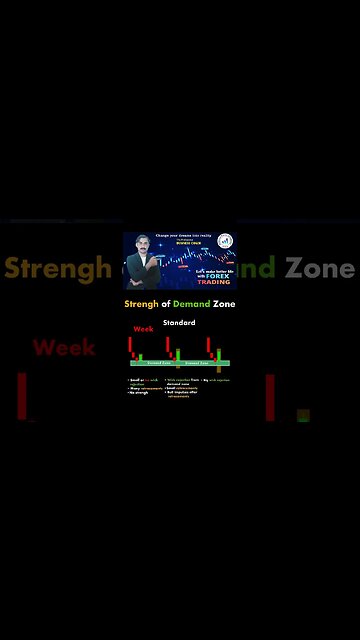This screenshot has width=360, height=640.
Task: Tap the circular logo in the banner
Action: (225, 241)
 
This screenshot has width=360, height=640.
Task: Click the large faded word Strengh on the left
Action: (57, 268)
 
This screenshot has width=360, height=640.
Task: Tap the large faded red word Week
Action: (64, 347)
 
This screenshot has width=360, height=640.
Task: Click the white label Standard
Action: (179, 323)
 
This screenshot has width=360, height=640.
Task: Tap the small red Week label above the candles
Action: (144, 329)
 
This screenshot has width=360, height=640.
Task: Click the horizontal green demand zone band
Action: (180, 363)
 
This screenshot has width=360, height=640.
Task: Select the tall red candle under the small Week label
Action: (130, 345)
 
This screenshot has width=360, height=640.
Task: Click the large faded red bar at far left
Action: (22, 397)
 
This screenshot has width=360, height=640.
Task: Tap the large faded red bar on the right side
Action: (270, 397)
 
